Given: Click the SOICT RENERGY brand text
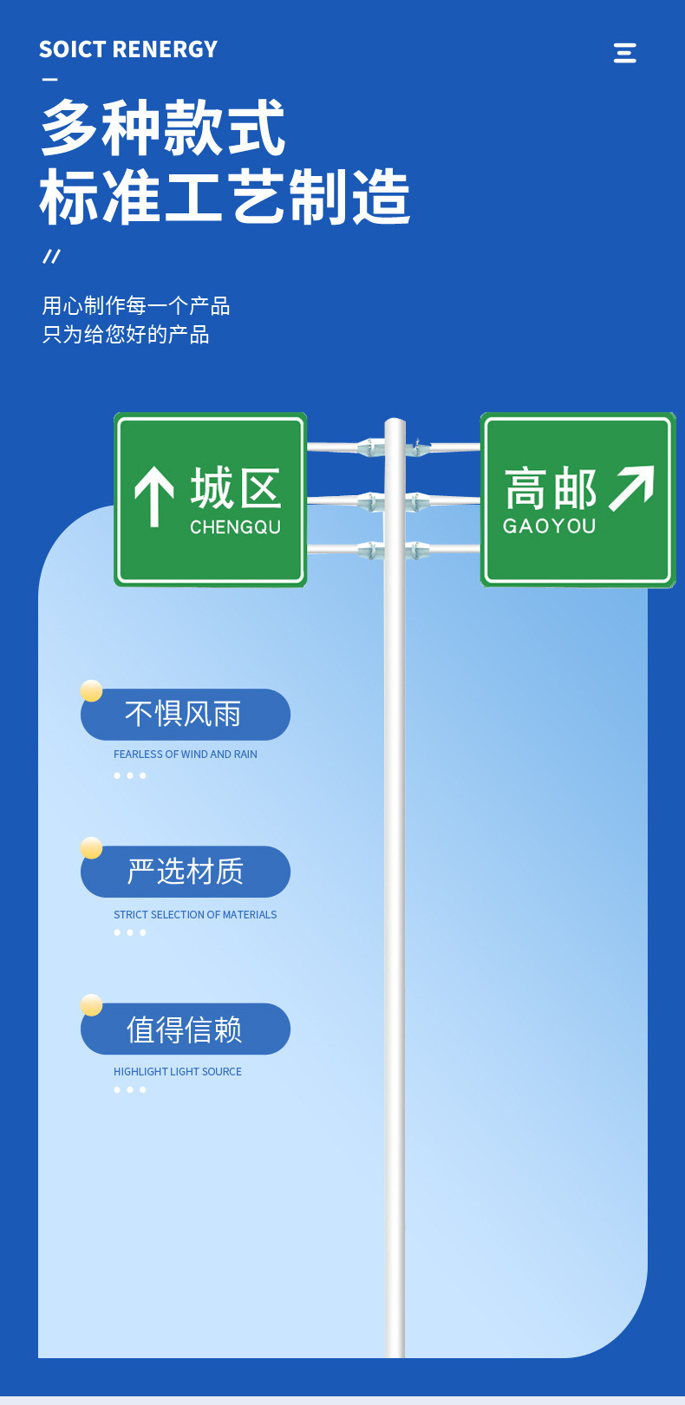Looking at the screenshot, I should (128, 49).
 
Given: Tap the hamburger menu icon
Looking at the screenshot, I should (624, 53).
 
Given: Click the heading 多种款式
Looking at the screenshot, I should (163, 127).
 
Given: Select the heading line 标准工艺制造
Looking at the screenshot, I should (225, 197).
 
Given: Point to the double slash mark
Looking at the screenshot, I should (52, 256).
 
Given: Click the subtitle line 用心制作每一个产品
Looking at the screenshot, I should (136, 305).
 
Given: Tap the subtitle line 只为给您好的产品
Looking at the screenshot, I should (126, 334).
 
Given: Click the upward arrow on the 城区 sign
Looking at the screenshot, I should (154, 496).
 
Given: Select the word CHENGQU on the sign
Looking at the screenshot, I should (235, 526).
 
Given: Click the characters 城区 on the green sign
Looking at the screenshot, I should (236, 488).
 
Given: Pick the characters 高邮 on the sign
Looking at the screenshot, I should (551, 489).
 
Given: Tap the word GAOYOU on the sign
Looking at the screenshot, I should (550, 526).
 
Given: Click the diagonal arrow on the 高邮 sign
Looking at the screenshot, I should (631, 488).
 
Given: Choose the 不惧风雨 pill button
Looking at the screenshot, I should (186, 714).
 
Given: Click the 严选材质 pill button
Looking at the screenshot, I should (186, 872).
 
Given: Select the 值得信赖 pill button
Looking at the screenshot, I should (186, 1029).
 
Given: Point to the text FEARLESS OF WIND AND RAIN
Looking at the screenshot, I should (186, 755).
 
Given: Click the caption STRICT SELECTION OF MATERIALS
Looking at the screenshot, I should (195, 915).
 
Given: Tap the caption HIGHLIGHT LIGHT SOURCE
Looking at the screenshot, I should (178, 1072).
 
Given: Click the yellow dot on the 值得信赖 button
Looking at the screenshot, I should (92, 1005).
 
